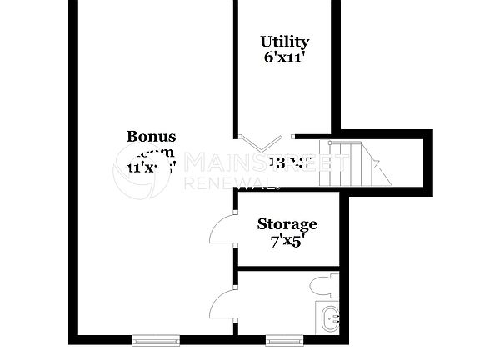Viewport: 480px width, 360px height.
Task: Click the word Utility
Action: (x=284, y=42)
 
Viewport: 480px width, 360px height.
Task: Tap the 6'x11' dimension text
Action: (x=284, y=58)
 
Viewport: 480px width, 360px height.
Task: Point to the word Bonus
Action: (x=151, y=136)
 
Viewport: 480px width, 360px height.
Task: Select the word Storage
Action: (x=287, y=223)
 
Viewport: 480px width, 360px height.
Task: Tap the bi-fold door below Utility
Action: (x=267, y=142)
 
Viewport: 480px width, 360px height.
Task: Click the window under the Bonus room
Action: (x=156, y=339)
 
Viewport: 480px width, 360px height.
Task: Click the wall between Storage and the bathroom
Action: (x=287, y=267)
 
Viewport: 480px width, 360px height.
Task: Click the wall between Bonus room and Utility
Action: (x=235, y=67)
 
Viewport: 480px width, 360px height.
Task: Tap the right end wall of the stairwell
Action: (x=428, y=162)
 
